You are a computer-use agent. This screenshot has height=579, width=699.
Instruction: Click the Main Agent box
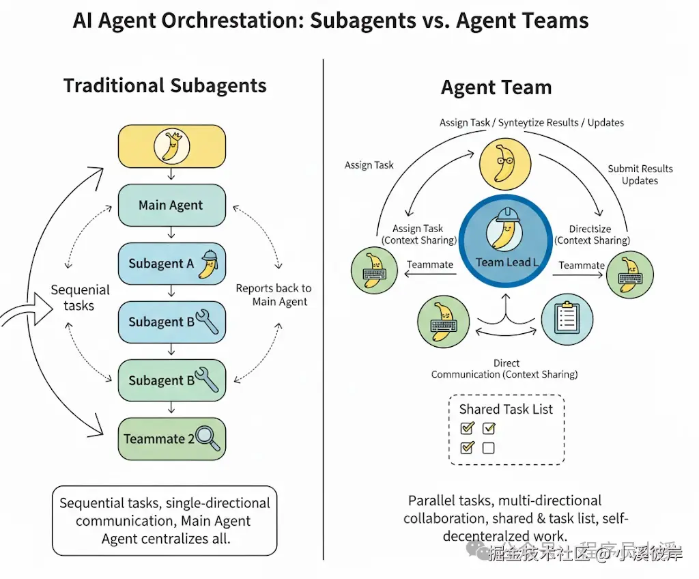click(x=171, y=205)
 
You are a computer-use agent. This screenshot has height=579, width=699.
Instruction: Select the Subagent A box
click(x=171, y=264)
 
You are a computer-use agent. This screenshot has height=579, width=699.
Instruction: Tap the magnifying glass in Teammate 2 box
click(x=208, y=438)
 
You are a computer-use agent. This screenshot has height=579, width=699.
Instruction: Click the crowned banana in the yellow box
click(x=171, y=146)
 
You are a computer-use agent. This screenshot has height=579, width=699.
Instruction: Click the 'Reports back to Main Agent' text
click(x=274, y=295)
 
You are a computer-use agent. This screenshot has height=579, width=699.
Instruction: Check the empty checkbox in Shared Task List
click(x=488, y=448)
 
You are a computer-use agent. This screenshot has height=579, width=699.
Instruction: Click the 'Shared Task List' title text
click(x=506, y=409)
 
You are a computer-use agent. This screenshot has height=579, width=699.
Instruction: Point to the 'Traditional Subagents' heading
click(x=165, y=86)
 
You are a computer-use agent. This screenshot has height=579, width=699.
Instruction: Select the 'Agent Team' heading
click(x=496, y=87)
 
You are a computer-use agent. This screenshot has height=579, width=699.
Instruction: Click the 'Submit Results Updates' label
click(x=640, y=174)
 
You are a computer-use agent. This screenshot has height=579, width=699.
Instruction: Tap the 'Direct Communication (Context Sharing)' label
click(x=504, y=369)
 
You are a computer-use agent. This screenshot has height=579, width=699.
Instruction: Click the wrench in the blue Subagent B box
click(x=206, y=322)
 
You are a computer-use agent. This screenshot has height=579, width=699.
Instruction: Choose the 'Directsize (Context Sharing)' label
click(x=591, y=234)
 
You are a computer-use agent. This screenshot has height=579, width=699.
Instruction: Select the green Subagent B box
click(x=171, y=380)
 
